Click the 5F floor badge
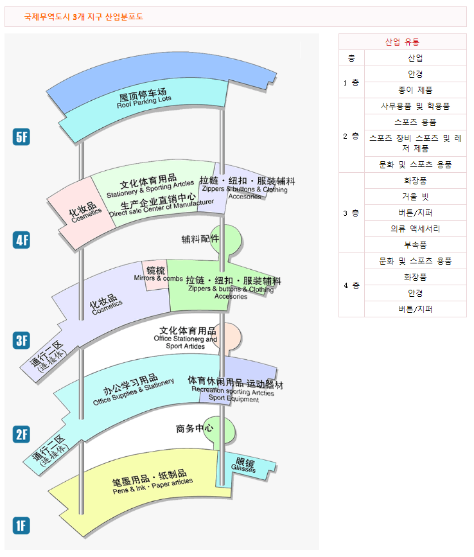pos(22,137)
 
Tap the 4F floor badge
pos(22,240)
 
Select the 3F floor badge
pos(22,340)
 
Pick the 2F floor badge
pos(22,434)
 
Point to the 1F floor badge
pos(22,526)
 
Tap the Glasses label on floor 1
pos(245,466)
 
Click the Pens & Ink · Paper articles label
pos(152,485)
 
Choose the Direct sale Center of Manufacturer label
pos(161,204)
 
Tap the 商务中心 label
pos(195,429)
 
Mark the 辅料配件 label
pos(200,239)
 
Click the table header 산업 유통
pos(402,42)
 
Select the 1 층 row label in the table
pos(351,82)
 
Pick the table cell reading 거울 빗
pos(415,197)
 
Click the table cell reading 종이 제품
pos(415,90)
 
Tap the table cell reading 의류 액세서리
pos(415,229)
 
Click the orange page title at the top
pos(83,16)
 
